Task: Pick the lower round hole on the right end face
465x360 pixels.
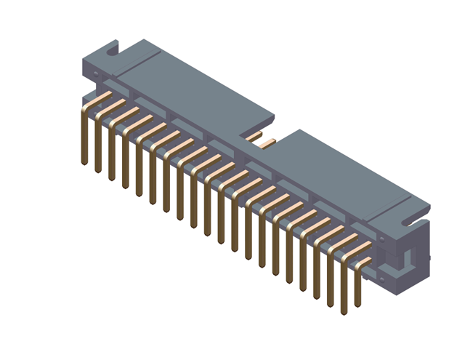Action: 380,279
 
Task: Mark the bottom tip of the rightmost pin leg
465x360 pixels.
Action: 357,304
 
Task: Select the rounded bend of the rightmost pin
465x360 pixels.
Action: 359,266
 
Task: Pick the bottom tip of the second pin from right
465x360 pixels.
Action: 344,313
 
